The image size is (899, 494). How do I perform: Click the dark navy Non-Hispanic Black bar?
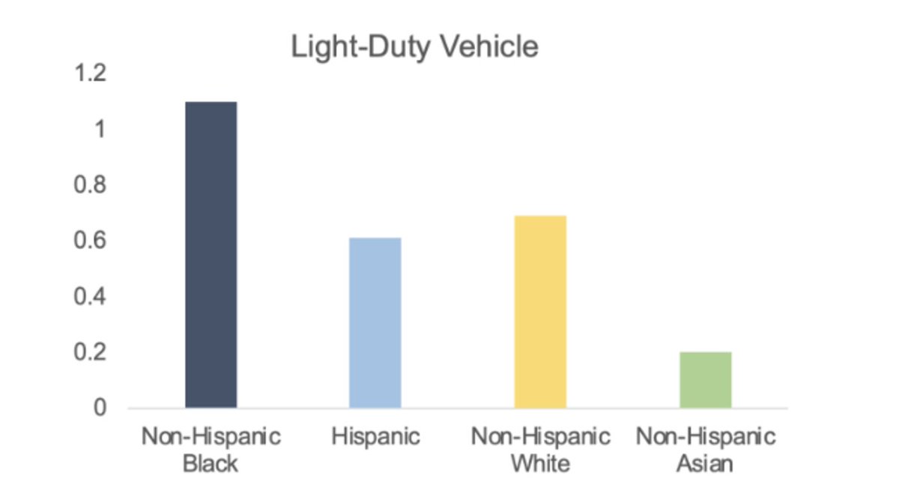(211, 255)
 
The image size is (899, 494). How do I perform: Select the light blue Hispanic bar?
(375, 322)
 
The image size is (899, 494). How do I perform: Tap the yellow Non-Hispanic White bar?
(540, 311)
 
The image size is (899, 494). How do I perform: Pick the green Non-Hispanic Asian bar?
(706, 379)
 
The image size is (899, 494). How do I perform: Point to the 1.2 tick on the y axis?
(91, 74)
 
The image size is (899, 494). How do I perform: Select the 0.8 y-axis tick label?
(91, 185)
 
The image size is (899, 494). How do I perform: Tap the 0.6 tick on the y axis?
(91, 241)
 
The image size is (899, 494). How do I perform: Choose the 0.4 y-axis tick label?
(91, 297)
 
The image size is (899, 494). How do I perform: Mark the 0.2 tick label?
(91, 352)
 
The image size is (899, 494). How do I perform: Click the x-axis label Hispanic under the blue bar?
(376, 437)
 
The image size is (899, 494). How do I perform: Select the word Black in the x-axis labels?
(211, 463)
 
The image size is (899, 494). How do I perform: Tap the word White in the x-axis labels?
(540, 463)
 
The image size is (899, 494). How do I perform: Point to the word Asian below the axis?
(705, 463)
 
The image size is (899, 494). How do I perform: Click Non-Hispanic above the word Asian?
(706, 437)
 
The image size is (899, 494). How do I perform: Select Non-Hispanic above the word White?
(540, 437)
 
